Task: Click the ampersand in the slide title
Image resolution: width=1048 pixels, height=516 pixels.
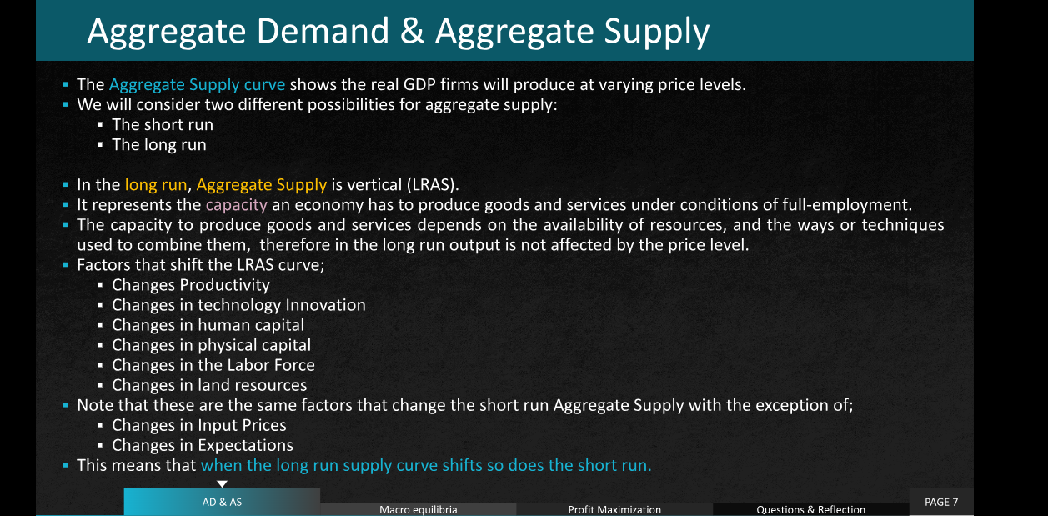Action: [x=412, y=32]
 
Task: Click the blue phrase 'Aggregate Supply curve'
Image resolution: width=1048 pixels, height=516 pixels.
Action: [x=197, y=85]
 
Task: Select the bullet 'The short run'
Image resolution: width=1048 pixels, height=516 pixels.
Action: [x=163, y=124]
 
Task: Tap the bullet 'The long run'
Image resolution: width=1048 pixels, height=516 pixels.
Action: [x=159, y=144]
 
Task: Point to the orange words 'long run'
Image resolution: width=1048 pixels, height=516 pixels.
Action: [x=156, y=185]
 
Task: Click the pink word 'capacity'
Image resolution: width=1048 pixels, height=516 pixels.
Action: [x=236, y=205]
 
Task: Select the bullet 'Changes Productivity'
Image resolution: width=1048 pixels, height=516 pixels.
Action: [x=191, y=285]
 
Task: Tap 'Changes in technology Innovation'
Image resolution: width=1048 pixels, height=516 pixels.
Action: [x=238, y=305]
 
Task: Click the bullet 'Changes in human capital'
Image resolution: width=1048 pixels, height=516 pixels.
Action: [x=208, y=325]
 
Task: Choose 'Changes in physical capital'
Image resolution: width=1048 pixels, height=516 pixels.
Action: [x=212, y=345]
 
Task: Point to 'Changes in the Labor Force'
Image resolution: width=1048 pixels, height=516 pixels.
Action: [x=213, y=365]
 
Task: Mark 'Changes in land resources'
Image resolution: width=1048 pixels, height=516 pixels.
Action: [x=209, y=385]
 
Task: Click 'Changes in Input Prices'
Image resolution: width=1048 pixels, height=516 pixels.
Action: [x=198, y=425]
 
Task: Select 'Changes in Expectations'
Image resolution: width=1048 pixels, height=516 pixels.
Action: [x=203, y=445]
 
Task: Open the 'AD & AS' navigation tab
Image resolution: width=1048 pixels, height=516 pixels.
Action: [x=222, y=502]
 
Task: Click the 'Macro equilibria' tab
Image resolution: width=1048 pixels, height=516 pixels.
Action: [x=419, y=509]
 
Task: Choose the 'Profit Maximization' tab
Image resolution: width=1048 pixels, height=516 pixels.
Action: [x=614, y=509]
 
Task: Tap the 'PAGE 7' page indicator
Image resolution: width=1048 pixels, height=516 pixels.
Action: [x=941, y=502]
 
